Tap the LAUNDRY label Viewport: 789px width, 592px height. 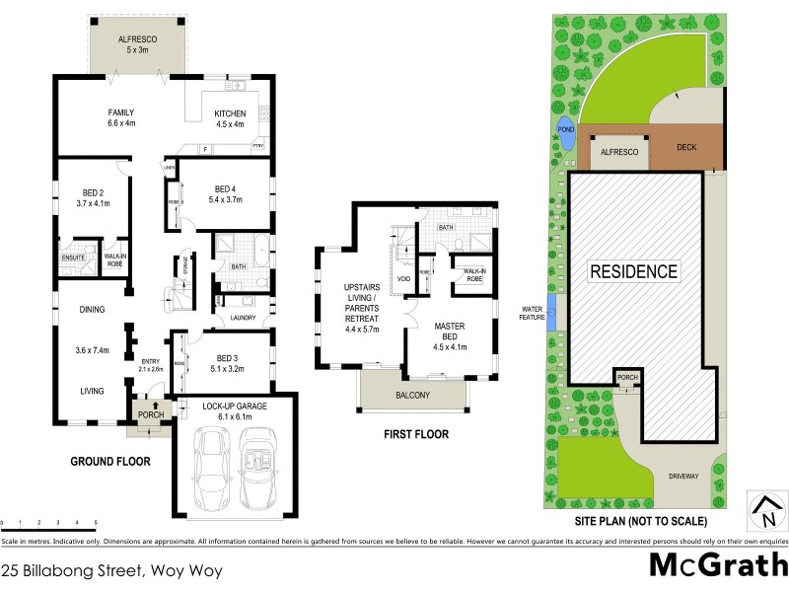243,318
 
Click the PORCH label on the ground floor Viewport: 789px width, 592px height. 149,414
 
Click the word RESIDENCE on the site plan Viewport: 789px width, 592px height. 634,271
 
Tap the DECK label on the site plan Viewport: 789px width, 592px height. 686,148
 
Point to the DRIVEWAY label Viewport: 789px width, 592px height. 688,474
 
